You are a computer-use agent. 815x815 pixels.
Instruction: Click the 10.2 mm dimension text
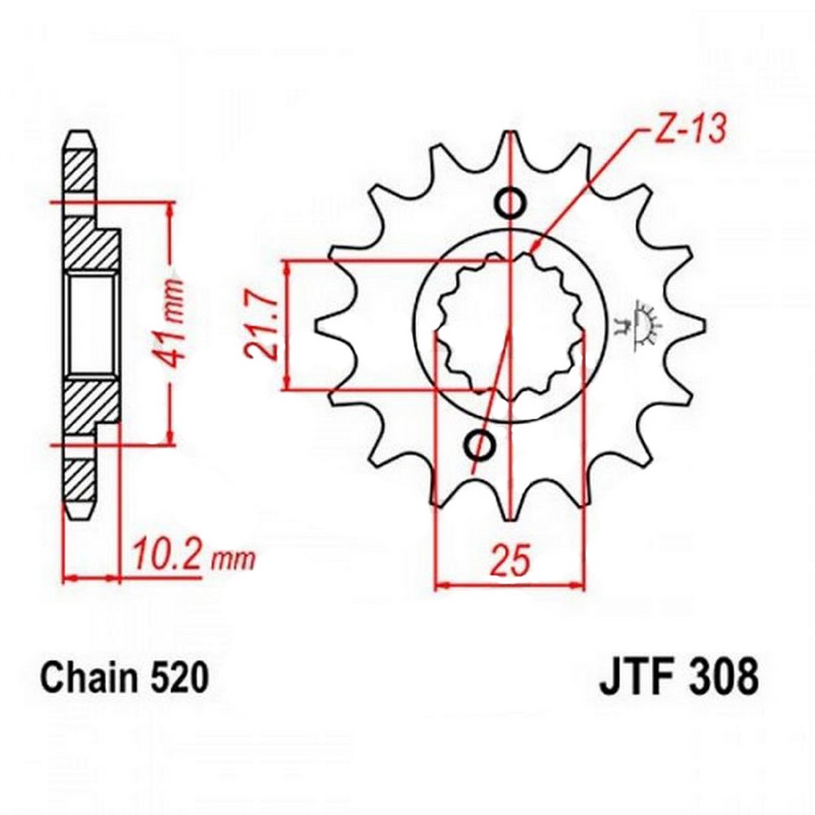click(193, 557)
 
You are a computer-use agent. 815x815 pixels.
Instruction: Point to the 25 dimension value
click(512, 561)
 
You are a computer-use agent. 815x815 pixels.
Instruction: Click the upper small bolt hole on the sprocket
click(509, 203)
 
